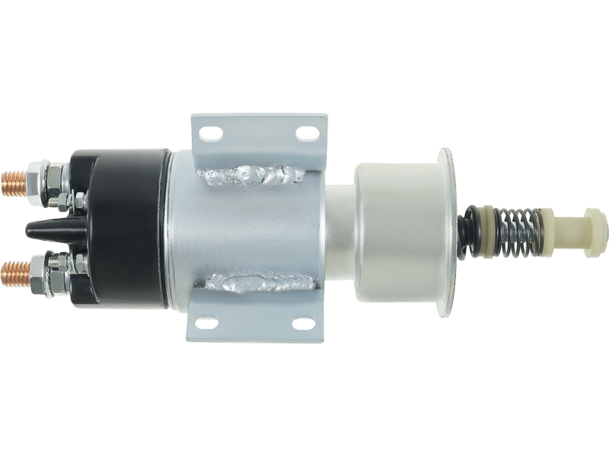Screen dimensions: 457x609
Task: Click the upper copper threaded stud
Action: [x=14, y=183]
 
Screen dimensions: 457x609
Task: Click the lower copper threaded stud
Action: [x=14, y=273]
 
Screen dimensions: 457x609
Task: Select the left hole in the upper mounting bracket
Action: [x=211, y=134]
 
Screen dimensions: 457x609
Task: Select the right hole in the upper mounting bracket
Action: [x=308, y=134]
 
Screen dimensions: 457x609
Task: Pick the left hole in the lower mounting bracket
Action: [x=207, y=323]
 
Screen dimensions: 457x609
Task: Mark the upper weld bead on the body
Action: [x=251, y=177]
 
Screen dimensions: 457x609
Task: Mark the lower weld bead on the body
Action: [x=259, y=282]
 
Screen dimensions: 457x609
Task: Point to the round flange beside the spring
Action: [x=447, y=228]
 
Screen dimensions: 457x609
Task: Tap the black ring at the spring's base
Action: [x=466, y=232]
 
